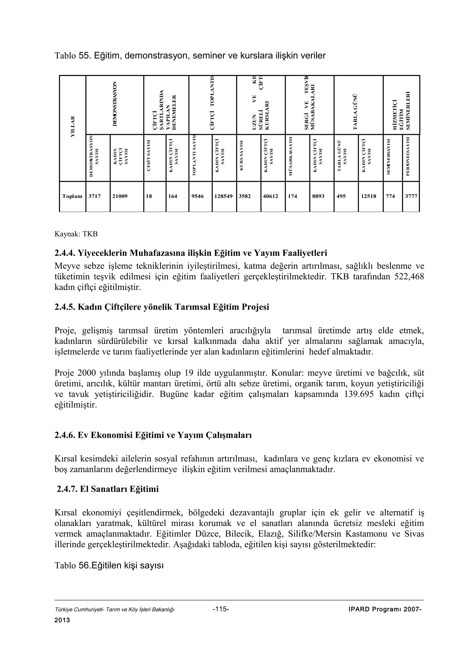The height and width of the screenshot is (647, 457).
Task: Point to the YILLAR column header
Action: tap(73, 127)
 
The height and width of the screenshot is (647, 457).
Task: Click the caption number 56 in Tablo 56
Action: tap(84, 566)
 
